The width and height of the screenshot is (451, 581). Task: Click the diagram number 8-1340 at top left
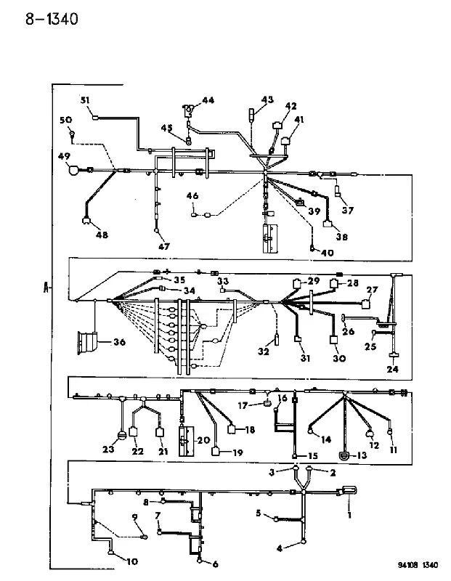click(52, 19)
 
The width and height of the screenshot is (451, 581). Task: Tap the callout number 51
click(85, 100)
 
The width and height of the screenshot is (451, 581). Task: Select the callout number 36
click(119, 342)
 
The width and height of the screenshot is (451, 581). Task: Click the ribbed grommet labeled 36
click(87, 343)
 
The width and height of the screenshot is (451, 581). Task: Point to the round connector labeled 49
click(74, 170)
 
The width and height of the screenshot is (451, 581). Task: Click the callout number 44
click(208, 100)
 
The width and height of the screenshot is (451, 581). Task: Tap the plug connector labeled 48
click(86, 222)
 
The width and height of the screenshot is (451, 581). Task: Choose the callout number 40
click(328, 253)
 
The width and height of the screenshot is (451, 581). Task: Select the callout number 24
click(392, 369)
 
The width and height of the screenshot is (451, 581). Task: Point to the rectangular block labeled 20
click(187, 442)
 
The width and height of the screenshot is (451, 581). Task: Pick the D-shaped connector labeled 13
click(345, 455)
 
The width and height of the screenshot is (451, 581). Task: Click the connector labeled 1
click(349, 491)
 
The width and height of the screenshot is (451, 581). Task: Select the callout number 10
click(132, 561)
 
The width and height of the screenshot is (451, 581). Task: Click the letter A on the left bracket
click(46, 288)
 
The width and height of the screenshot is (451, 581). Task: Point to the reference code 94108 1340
click(418, 565)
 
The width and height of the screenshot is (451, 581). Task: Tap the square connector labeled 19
click(216, 452)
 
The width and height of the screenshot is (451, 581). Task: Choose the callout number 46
click(192, 196)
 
